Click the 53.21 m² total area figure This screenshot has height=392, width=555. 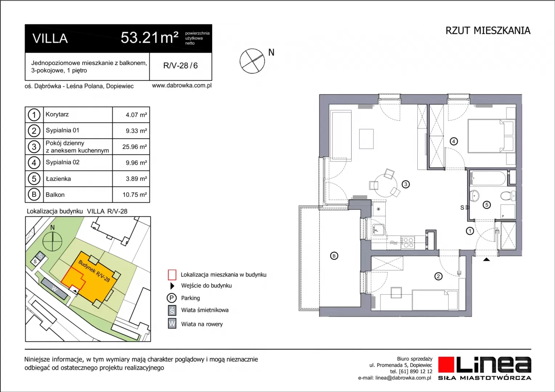[x=149, y=38]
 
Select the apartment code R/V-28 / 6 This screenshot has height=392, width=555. [x=181, y=66]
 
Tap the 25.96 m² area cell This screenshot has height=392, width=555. [x=134, y=147]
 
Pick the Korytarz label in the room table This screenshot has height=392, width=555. [x=57, y=114]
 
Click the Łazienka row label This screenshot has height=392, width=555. [x=58, y=179]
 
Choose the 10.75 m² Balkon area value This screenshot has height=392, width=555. [x=134, y=195]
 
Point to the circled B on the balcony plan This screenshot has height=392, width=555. [x=334, y=256]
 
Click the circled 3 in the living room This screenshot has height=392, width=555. [x=406, y=184]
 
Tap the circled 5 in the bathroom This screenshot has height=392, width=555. [x=487, y=205]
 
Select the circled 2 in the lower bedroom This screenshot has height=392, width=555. [x=438, y=276]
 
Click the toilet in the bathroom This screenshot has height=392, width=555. [x=508, y=196]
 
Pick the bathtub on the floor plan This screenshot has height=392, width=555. [x=487, y=178]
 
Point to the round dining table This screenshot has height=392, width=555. [x=385, y=185]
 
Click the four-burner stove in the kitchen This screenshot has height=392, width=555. [x=407, y=242]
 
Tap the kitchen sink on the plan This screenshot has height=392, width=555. [x=378, y=229]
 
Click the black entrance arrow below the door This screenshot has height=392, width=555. [x=486, y=259]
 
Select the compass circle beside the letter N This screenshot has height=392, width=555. [x=252, y=61]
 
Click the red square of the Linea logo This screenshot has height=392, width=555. [x=446, y=364]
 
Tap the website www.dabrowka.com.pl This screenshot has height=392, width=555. [x=182, y=86]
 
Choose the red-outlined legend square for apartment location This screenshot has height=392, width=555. [x=172, y=275]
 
